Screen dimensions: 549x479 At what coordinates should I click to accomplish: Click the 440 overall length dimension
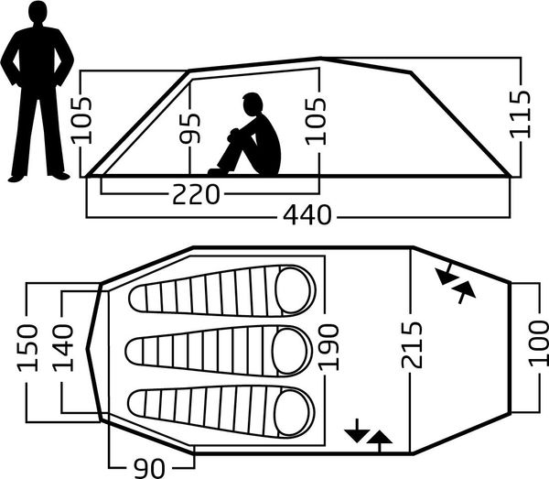[307, 215]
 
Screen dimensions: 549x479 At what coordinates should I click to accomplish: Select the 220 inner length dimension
[196, 194]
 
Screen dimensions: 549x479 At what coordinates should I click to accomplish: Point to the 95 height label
[189, 128]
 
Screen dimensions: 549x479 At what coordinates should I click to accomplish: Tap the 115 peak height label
[521, 114]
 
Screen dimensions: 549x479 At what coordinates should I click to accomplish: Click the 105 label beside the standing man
[81, 121]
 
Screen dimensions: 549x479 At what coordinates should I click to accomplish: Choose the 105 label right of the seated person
[316, 121]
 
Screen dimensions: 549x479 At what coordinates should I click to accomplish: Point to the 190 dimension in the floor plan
[328, 347]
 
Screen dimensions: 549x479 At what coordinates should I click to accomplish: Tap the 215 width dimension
[412, 345]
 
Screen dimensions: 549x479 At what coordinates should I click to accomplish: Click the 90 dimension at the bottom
[149, 468]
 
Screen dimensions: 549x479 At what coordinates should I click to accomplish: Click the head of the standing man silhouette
[37, 13]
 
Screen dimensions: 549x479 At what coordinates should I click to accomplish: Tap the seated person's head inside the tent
[253, 104]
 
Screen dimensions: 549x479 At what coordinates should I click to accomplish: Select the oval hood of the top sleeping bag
[294, 290]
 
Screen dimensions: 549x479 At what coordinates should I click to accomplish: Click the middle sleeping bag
[220, 351]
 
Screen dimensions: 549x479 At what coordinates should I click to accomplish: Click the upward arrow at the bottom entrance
[379, 441]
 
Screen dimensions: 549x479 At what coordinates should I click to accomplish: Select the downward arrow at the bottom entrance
[357, 430]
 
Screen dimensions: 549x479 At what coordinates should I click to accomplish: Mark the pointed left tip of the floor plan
[87, 348]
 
